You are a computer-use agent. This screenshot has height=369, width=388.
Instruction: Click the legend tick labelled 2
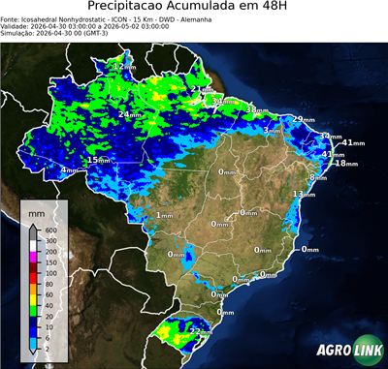point(48,346)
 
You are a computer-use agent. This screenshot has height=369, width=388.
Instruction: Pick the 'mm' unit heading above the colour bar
point(37,210)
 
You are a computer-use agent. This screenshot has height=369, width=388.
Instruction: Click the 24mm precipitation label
point(129,115)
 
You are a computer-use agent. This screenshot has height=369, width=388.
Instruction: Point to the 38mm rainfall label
point(255,110)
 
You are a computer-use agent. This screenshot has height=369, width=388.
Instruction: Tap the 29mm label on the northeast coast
point(304,119)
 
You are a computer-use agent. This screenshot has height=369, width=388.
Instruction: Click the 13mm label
point(304,195)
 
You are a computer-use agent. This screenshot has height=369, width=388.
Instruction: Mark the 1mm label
point(164,215)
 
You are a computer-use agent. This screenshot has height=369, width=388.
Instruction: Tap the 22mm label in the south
point(201,332)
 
